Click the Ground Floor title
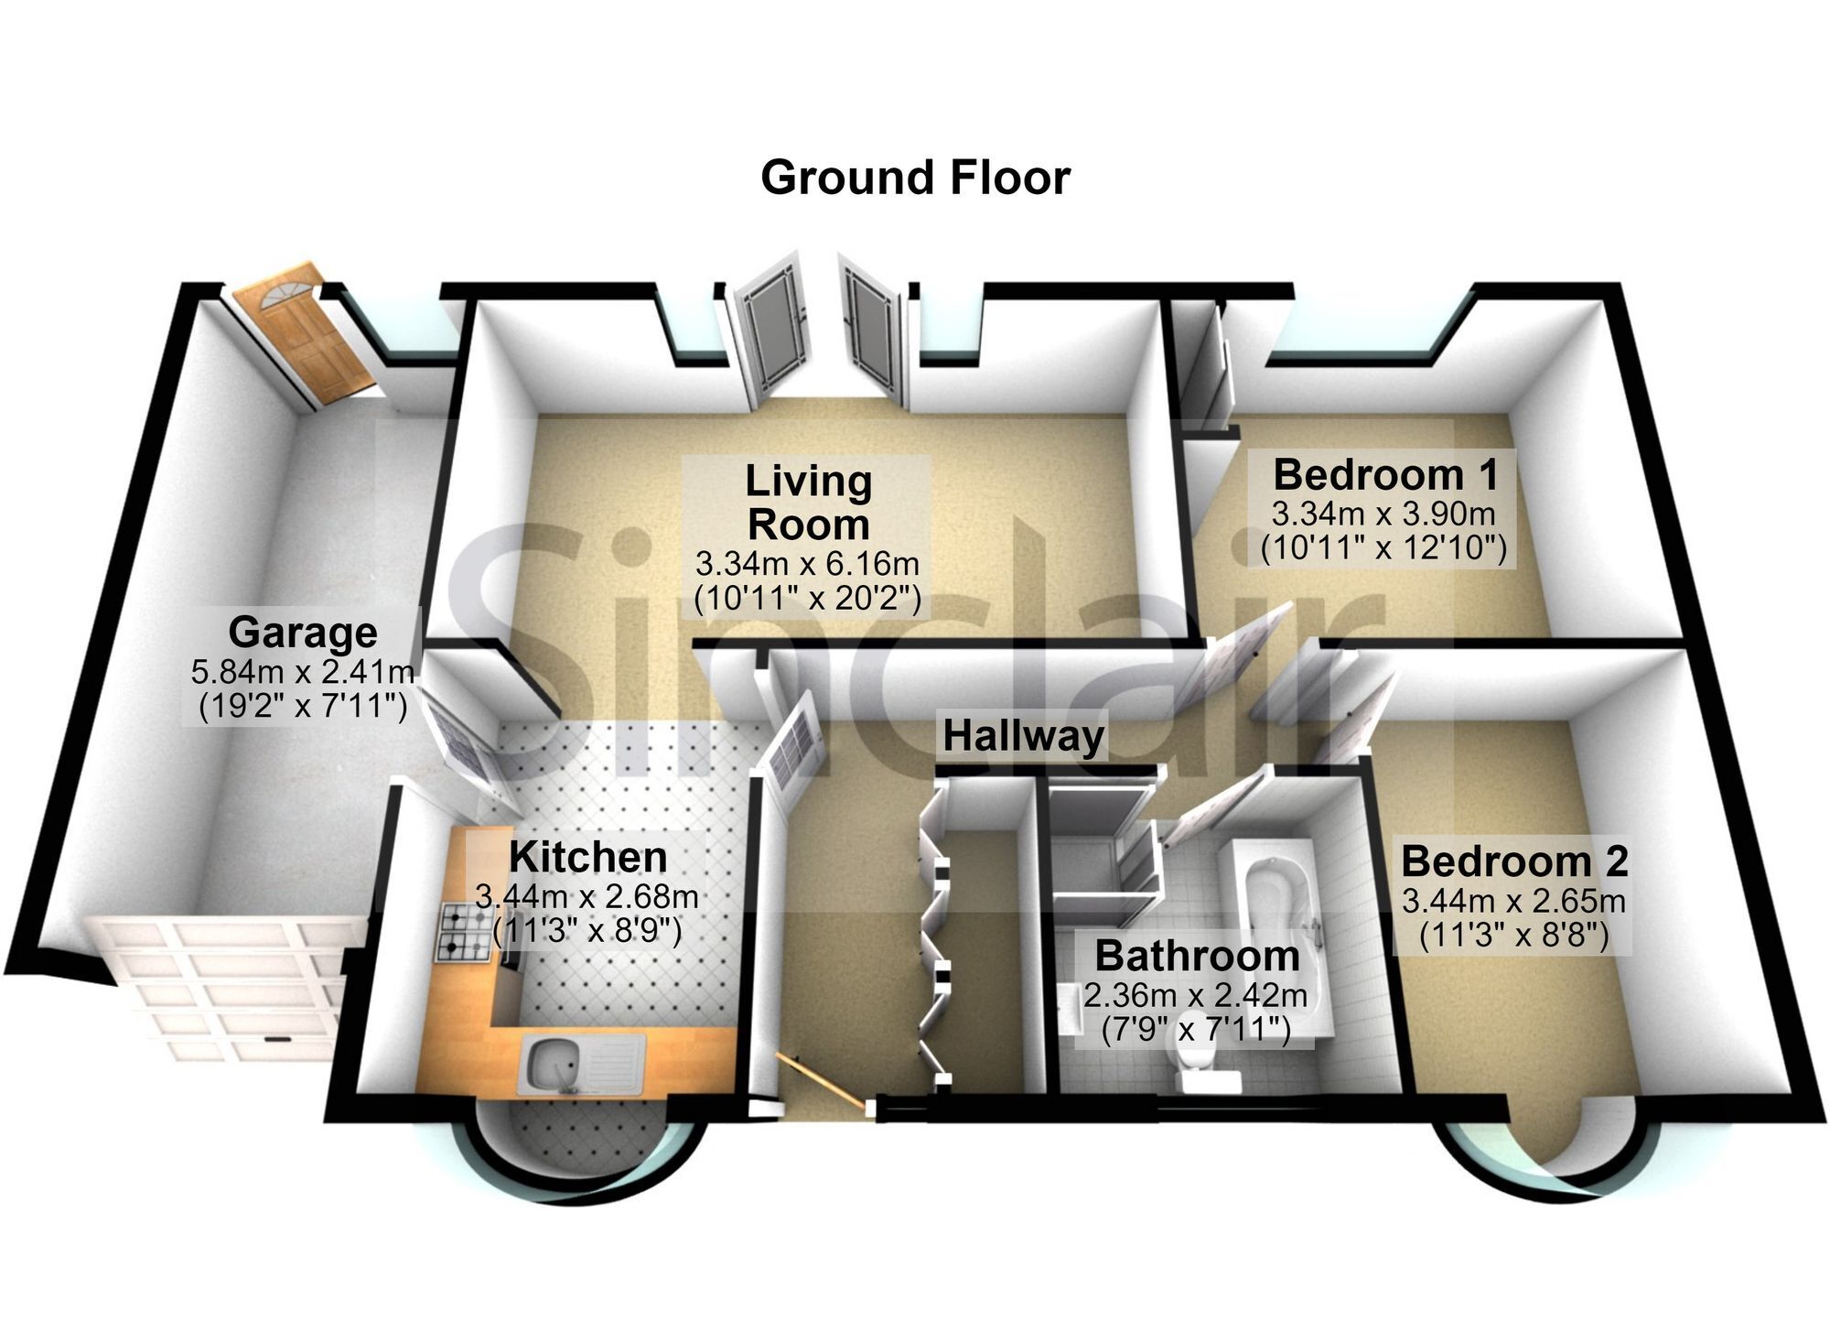pyautogui.click(x=915, y=178)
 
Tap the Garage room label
pyautogui.click(x=303, y=632)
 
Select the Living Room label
pyautogui.click(x=808, y=503)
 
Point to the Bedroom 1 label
pyautogui.click(x=1386, y=475)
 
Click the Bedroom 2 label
pyautogui.click(x=1514, y=861)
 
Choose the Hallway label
pyautogui.click(x=1024, y=736)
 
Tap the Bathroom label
pyautogui.click(x=1197, y=956)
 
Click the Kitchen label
pyautogui.click(x=588, y=858)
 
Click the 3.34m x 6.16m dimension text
pyautogui.click(x=807, y=562)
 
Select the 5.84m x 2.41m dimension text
pyautogui.click(x=303, y=672)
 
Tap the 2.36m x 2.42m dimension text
pyautogui.click(x=1196, y=993)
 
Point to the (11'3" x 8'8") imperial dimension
pyautogui.click(x=1514, y=937)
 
